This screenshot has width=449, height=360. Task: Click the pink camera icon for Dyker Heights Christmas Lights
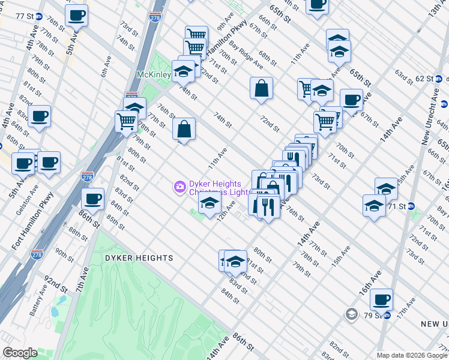(x=179, y=188)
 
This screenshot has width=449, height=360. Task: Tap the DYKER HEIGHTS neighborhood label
(x=139, y=258)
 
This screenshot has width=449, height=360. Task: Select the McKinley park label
(x=153, y=74)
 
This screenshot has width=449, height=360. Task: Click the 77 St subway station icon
(x=39, y=16)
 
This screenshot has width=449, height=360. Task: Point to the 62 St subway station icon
(x=439, y=79)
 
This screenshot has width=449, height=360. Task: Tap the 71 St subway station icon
(x=412, y=206)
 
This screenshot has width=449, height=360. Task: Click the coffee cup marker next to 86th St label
(x=92, y=198)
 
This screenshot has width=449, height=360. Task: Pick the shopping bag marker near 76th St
(x=184, y=128)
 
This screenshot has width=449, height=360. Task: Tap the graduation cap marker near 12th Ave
(x=209, y=204)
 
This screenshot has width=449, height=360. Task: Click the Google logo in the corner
(x=20, y=353)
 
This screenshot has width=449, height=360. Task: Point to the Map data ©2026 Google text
(x=411, y=355)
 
